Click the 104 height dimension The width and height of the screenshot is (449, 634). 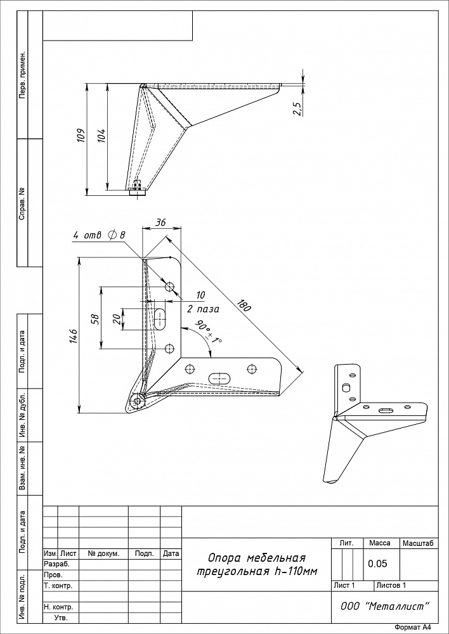[x=101, y=137]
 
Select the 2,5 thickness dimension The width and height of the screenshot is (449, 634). [x=297, y=109]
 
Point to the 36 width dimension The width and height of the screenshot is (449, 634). [x=161, y=223]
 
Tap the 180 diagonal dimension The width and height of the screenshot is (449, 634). [x=244, y=306]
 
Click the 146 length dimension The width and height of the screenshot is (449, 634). [x=73, y=337]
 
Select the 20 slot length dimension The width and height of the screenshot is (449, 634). [x=116, y=319]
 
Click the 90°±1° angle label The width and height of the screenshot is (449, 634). [x=208, y=332]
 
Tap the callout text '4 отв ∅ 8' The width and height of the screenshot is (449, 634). [x=100, y=235]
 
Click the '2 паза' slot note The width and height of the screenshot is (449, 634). [x=203, y=309]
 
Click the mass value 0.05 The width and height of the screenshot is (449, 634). [x=378, y=564]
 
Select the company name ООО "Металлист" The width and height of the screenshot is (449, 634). [x=385, y=606]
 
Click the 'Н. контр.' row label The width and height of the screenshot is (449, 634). [x=58, y=607]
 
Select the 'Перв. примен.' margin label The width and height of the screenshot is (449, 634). [x=23, y=75]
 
